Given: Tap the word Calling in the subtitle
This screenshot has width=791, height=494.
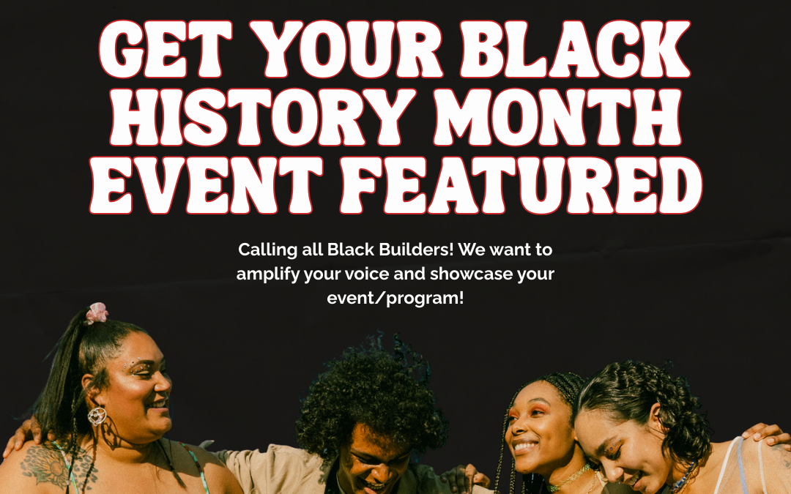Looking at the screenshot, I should [x=267, y=250].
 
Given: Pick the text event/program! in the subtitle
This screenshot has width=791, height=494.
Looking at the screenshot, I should [x=395, y=299].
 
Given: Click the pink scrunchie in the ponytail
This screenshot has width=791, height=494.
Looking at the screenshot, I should [x=97, y=313].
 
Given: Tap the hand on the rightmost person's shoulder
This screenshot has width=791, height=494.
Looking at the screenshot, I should [x=765, y=435].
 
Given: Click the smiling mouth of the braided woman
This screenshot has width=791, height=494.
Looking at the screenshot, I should [x=526, y=445].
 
